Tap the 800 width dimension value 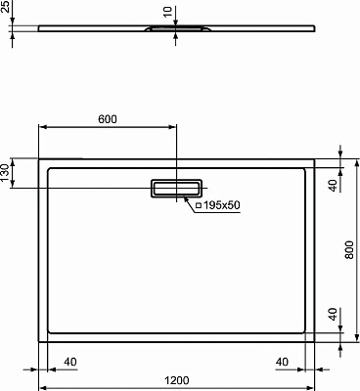tap(351, 251)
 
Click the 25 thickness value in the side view tap(7, 18)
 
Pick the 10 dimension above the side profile tap(167, 14)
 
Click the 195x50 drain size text tap(224, 206)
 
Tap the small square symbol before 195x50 tap(198, 206)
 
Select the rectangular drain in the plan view tap(176, 188)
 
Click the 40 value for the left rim tap(69, 361)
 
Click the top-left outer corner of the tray tap(39, 157)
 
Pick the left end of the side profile tap(38, 28)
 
